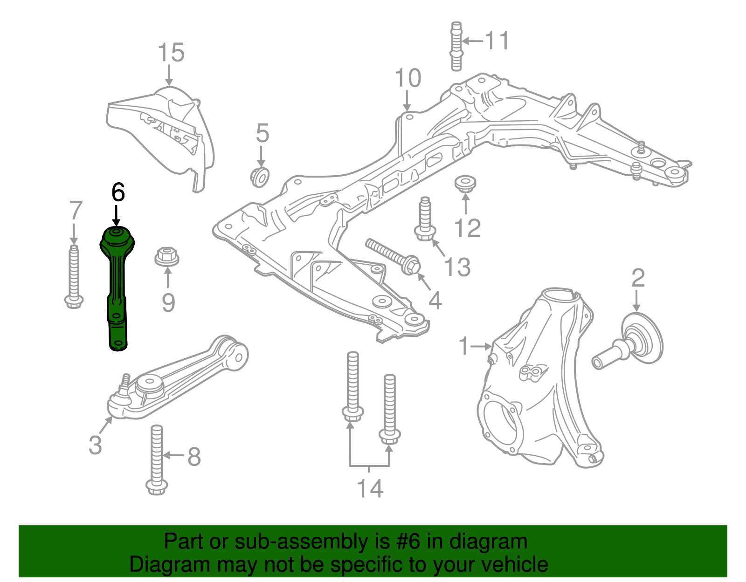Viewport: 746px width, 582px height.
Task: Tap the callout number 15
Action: (x=171, y=53)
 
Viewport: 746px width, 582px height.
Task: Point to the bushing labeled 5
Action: (x=260, y=177)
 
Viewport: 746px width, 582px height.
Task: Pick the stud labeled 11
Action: (x=456, y=47)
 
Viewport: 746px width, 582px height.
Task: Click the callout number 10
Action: (x=408, y=78)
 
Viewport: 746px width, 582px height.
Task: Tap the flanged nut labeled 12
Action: (x=465, y=183)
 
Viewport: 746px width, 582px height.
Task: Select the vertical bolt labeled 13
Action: (x=424, y=219)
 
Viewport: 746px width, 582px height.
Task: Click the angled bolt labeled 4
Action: (x=394, y=256)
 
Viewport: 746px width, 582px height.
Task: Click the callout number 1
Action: (x=463, y=346)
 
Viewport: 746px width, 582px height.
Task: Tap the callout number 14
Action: (x=370, y=488)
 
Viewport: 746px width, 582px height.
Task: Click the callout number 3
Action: (x=95, y=445)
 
